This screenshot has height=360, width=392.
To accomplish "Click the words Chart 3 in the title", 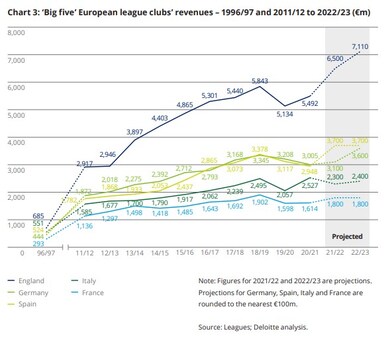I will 25,9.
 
